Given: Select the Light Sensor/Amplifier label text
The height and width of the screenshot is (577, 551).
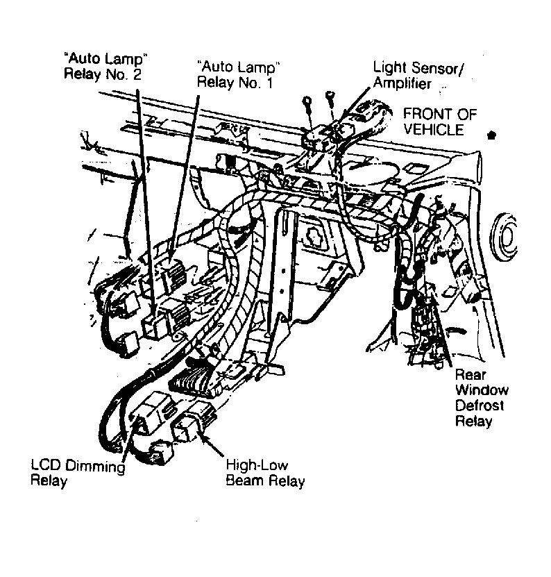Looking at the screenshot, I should (x=420, y=75).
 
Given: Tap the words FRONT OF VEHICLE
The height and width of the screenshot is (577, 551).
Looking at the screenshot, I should (x=440, y=122).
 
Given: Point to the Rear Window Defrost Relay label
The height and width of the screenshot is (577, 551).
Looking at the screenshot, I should (x=481, y=397).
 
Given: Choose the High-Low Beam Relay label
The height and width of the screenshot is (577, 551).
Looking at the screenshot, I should (x=265, y=473).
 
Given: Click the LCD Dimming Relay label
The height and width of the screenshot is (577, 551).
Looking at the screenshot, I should (x=77, y=474).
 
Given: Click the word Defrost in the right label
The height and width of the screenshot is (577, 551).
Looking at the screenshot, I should (x=480, y=405).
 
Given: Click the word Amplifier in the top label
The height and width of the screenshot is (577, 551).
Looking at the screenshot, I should (x=402, y=83).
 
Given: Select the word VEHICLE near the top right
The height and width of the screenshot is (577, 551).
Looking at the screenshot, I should (x=435, y=130).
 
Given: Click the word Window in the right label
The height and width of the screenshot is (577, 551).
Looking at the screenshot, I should (x=482, y=390).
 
